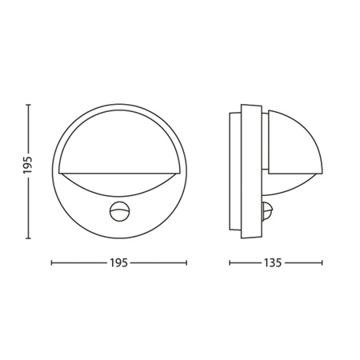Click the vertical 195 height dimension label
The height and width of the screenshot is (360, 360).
(27, 166)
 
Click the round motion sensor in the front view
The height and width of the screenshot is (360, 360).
(118, 212)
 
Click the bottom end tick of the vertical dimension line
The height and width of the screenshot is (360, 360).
(27, 238)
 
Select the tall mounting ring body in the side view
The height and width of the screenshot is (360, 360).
(250, 172)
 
